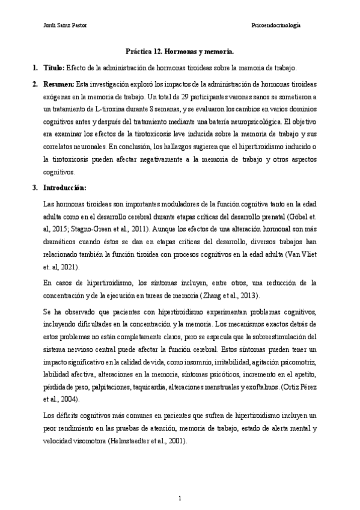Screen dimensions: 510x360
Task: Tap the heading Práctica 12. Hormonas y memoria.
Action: [180, 52]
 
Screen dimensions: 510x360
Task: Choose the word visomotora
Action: [81, 440]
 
